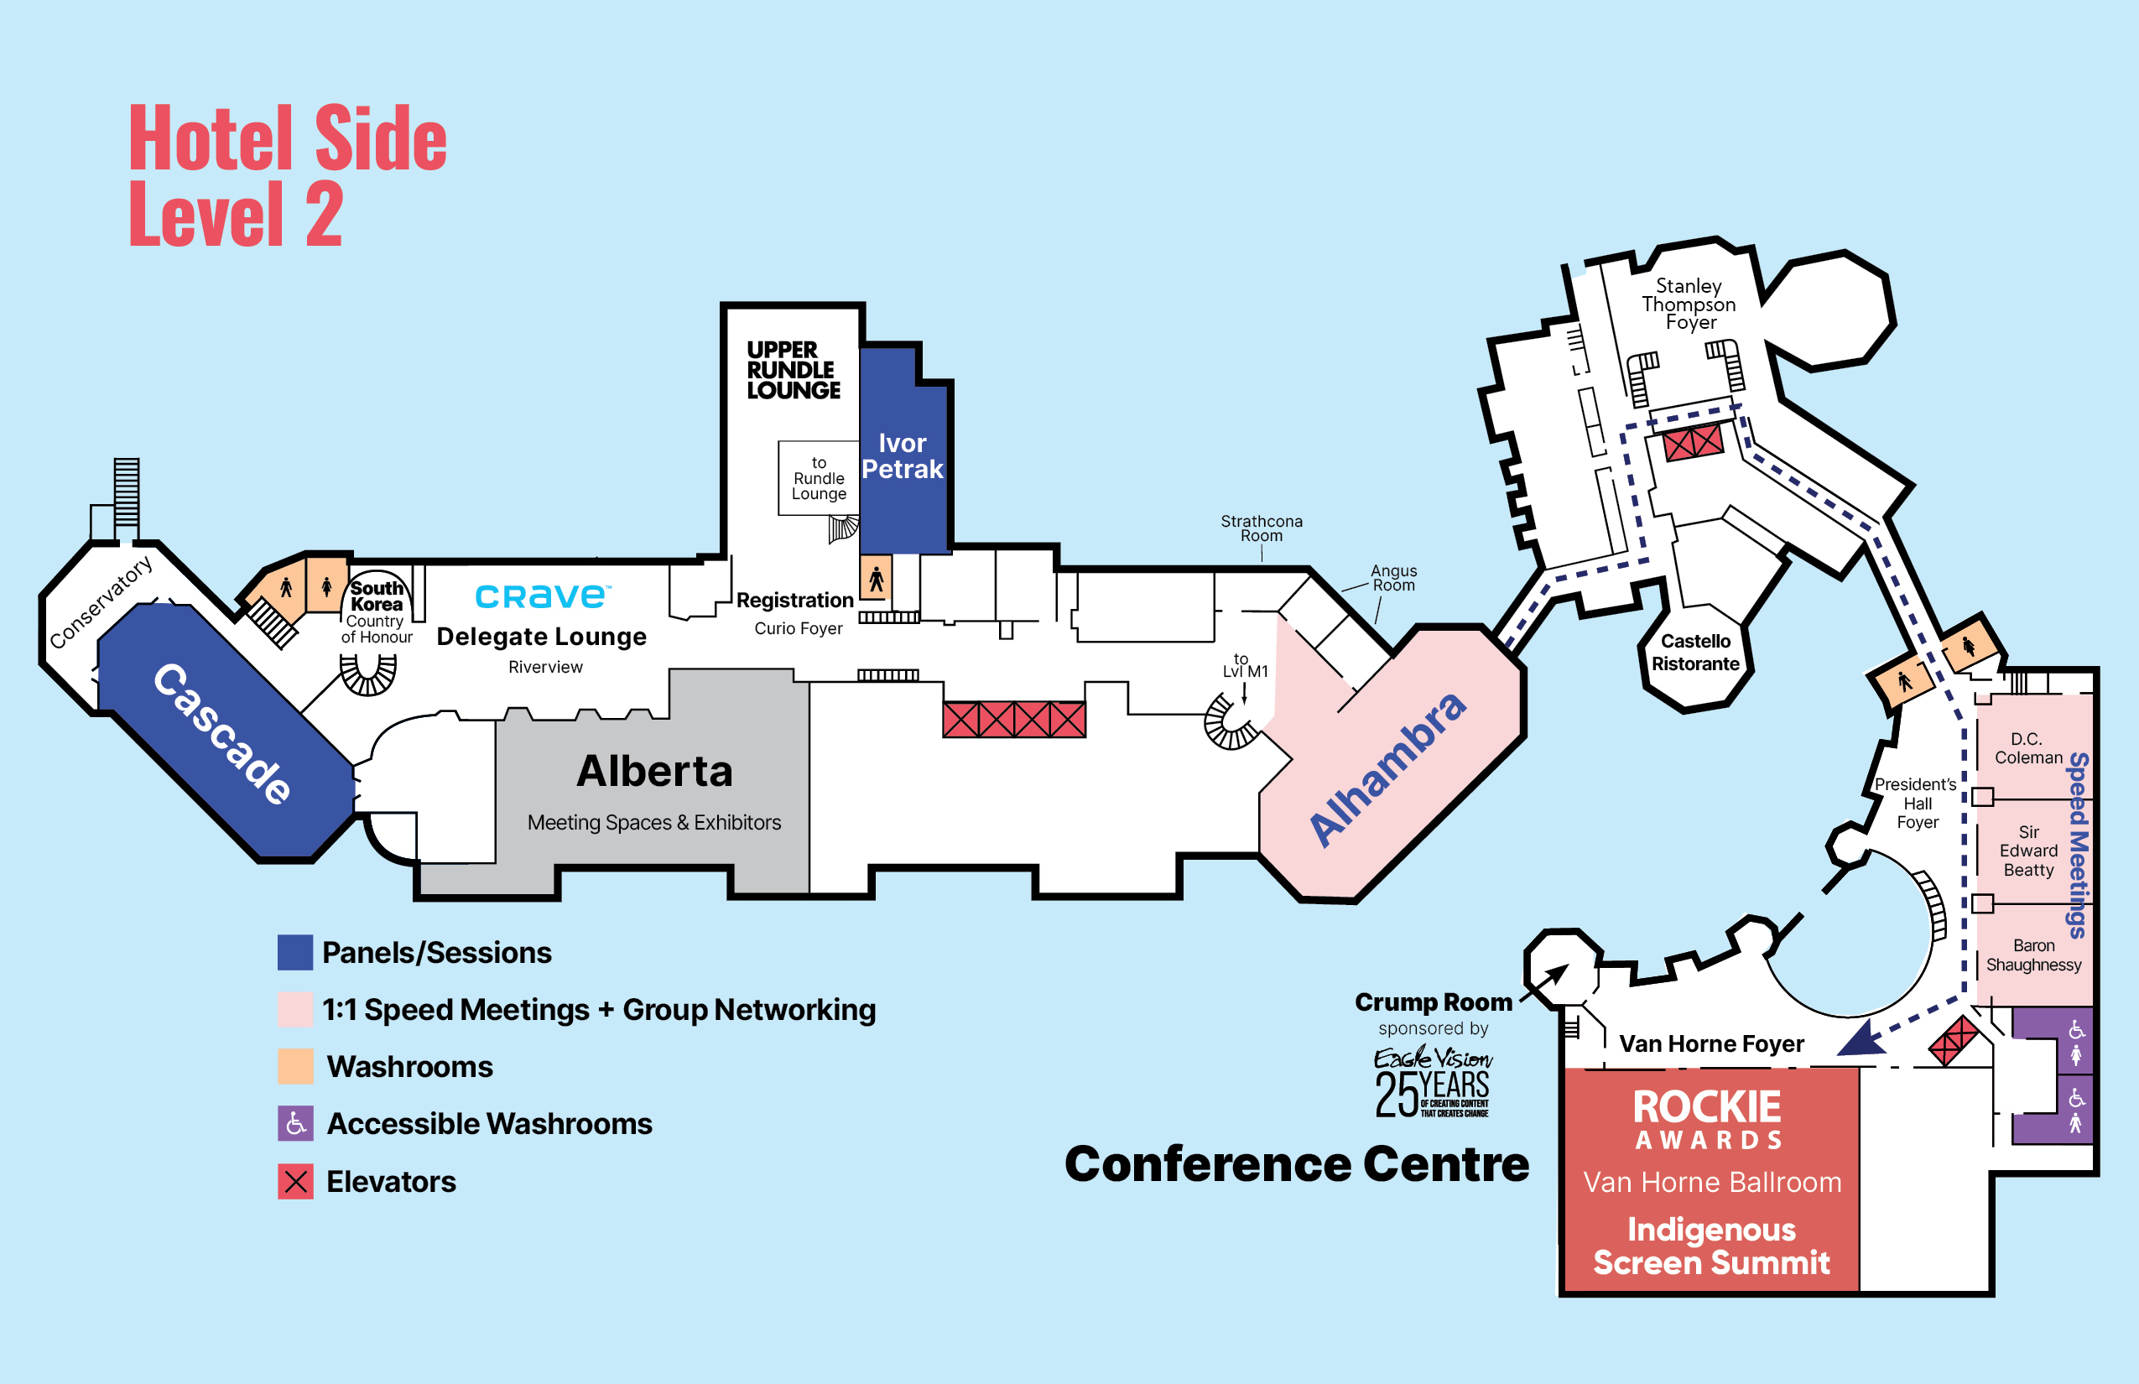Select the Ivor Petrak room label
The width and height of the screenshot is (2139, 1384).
[x=903, y=455]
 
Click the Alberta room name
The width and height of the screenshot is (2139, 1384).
[x=655, y=771]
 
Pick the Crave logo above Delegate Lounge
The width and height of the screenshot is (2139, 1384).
[x=542, y=596]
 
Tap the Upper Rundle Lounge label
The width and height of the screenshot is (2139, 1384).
[x=793, y=369]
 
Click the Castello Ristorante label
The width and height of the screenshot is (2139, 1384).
[x=1695, y=653]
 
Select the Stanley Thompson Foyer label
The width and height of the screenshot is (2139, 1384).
[x=1689, y=304]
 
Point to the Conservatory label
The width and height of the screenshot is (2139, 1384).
[x=101, y=601]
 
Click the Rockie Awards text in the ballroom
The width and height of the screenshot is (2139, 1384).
[x=1707, y=1118]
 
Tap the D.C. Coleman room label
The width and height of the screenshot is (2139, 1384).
[x=2027, y=747]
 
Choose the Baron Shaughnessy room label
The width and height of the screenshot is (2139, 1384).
[x=2033, y=955]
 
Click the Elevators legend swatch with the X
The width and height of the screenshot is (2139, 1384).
[x=295, y=1182]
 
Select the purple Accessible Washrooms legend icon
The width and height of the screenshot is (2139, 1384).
[x=295, y=1123]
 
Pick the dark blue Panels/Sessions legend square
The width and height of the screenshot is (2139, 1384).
[x=295, y=953]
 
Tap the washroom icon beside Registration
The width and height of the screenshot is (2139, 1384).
[x=876, y=578]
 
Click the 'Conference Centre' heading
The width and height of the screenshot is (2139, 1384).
[x=1296, y=1164]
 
